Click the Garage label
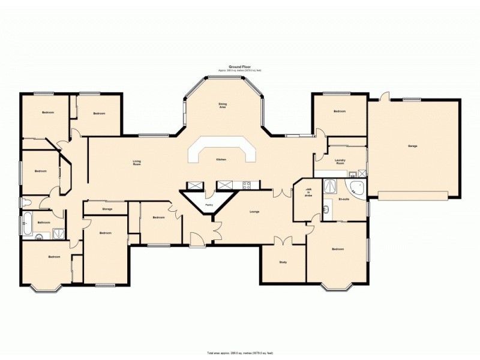412,146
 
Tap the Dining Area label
222,105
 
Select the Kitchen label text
221,160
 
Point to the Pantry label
209,205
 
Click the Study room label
283,262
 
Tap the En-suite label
344,199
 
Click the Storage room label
107,209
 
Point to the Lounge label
254,211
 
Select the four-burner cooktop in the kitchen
247,185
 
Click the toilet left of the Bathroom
24,202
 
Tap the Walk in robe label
307,192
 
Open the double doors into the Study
283,241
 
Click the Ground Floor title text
239,67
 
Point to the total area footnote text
239,353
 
